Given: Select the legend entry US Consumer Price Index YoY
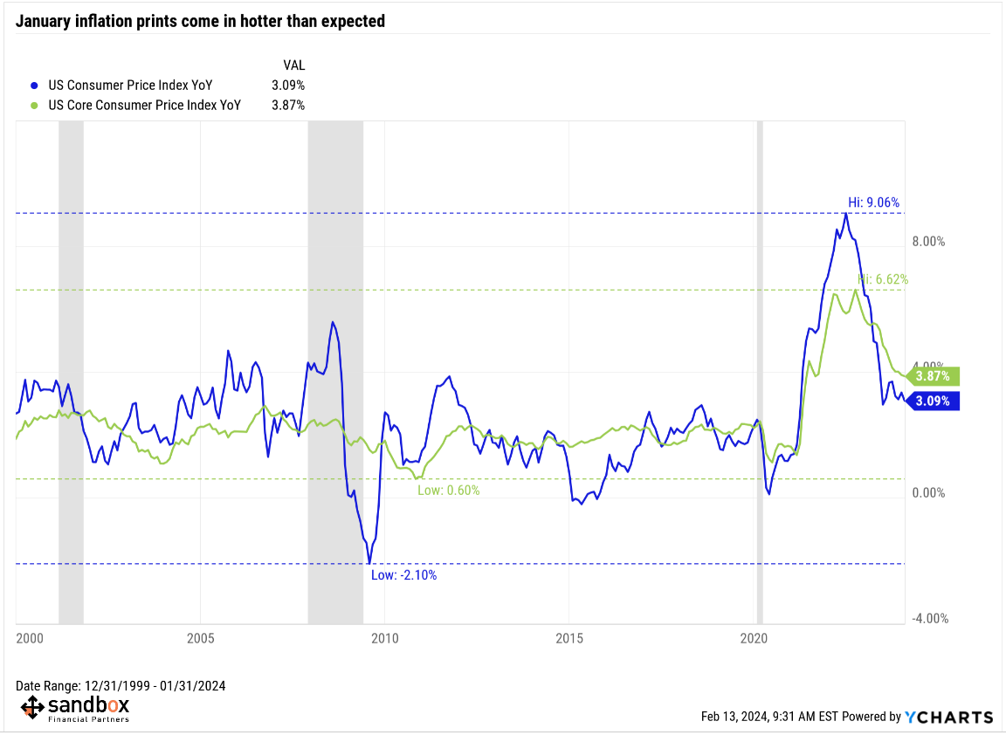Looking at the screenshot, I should coord(130,86).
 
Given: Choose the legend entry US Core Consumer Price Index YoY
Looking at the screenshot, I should coord(144,105).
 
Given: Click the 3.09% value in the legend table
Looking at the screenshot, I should coord(288,86).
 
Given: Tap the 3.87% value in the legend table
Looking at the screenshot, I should coord(288,105).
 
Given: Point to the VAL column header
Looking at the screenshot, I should coord(293,65).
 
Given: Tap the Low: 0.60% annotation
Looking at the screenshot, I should coord(448,491).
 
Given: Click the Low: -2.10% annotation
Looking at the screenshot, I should coord(403,575).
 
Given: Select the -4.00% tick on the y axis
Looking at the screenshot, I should coord(929,619).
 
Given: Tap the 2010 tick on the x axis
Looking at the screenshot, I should coord(384,638).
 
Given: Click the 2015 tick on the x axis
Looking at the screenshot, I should coord(568,638).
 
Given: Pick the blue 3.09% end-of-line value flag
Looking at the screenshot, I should coord(934,401).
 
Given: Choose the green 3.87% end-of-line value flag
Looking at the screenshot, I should coord(934,376).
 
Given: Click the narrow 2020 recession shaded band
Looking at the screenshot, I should coord(759,349).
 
